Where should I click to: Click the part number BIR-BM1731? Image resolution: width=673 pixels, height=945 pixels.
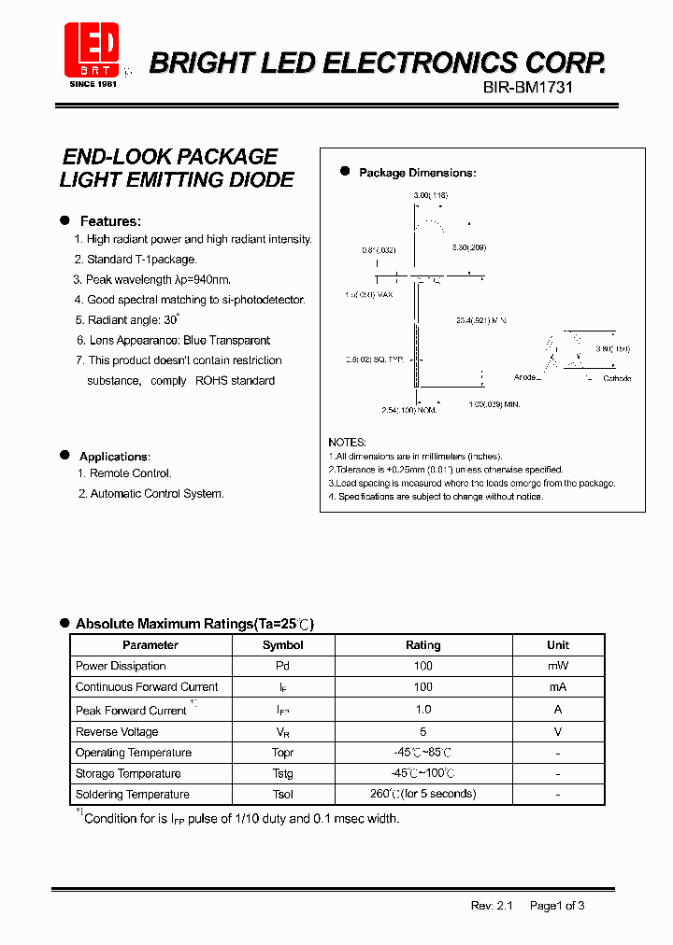[x=528, y=87]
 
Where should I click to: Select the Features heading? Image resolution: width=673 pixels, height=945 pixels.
[x=109, y=221]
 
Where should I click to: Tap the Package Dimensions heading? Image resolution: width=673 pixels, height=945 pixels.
[x=417, y=173]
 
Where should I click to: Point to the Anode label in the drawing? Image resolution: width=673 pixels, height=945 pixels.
[x=525, y=378]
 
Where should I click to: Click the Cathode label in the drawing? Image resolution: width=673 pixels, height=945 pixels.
[x=616, y=378]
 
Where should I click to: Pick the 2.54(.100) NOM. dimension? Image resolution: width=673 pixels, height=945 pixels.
[x=408, y=410]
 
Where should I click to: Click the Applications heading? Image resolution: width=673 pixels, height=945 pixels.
[x=114, y=456]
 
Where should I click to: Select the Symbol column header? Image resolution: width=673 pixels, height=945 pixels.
[x=282, y=645]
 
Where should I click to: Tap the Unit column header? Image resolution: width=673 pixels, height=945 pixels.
[x=557, y=645]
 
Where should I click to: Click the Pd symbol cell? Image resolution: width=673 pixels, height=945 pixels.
[x=282, y=666]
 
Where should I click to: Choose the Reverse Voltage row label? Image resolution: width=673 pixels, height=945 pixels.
[x=117, y=732]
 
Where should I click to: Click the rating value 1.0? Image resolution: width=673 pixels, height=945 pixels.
[x=422, y=710]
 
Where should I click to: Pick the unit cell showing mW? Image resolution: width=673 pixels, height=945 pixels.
[x=557, y=666]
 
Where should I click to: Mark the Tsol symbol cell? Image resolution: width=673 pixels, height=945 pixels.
[x=282, y=795]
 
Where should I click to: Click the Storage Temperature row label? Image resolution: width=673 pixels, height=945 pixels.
[x=128, y=773]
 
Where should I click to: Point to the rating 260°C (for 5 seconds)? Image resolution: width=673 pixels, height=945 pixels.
[x=422, y=794]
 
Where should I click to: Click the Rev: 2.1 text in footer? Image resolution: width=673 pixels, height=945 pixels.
[x=492, y=905]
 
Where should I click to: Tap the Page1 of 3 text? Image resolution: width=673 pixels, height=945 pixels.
[x=557, y=905]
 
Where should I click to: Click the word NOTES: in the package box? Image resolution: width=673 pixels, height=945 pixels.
[x=347, y=442]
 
